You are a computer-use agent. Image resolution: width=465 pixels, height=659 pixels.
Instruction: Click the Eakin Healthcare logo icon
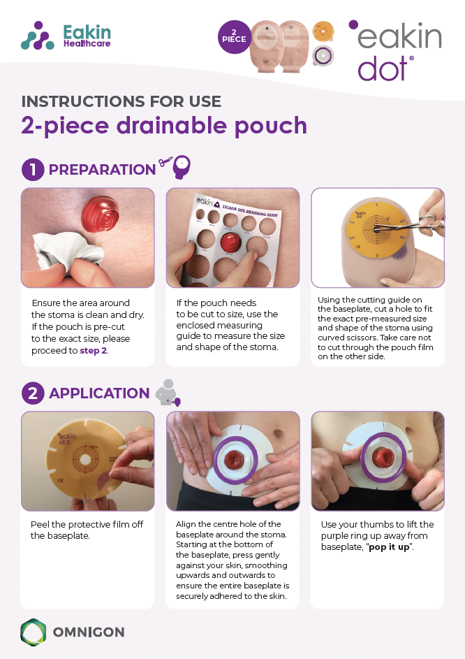pyautogui.click(x=38, y=36)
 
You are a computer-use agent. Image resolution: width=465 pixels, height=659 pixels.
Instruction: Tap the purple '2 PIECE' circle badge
pyautogui.click(x=235, y=37)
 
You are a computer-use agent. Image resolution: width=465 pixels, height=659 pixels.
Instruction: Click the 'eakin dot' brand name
pyautogui.click(x=395, y=50)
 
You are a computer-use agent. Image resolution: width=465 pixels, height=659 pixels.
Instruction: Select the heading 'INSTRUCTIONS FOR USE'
pyautogui.click(x=121, y=101)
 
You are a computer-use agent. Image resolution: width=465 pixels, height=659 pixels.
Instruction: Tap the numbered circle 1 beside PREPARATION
pyautogui.click(x=33, y=170)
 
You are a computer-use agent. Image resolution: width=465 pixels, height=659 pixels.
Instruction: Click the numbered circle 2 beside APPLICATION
pyautogui.click(x=33, y=393)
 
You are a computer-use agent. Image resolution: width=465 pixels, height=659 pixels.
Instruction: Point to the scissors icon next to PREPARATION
pyautogui.click(x=165, y=162)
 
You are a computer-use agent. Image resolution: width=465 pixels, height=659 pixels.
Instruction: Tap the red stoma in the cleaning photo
pyautogui.click(x=101, y=215)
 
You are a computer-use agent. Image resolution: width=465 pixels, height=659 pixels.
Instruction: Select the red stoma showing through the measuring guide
pyautogui.click(x=230, y=243)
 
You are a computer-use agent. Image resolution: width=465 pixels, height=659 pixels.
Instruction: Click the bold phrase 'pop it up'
pyautogui.click(x=389, y=546)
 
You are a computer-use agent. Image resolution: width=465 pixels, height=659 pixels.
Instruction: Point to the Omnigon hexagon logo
pyautogui.click(x=34, y=632)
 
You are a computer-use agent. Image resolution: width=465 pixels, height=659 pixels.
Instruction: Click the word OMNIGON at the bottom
pyautogui.click(x=89, y=632)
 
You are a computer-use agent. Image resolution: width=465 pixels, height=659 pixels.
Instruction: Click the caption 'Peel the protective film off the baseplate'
pyautogui.click(x=87, y=530)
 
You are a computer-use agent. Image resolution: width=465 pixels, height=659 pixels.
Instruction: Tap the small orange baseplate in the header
pyautogui.click(x=323, y=31)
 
